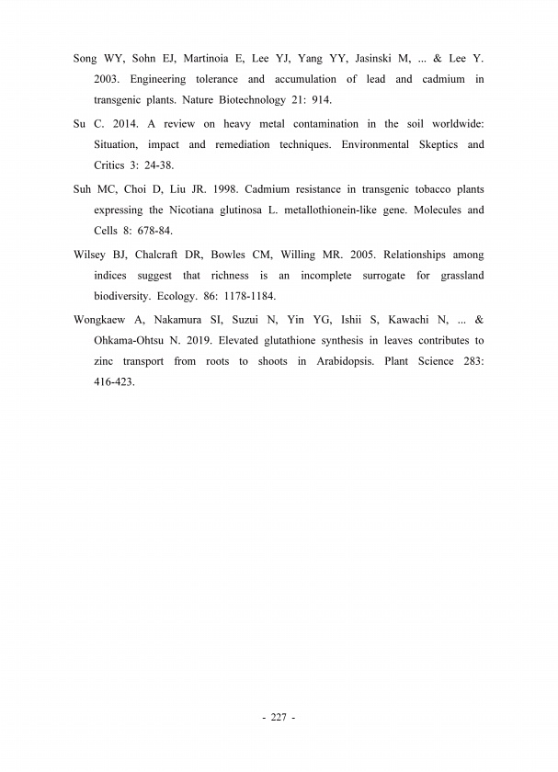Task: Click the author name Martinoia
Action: (209, 58)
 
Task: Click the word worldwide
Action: (454, 124)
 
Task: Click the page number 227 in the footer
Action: (279, 717)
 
